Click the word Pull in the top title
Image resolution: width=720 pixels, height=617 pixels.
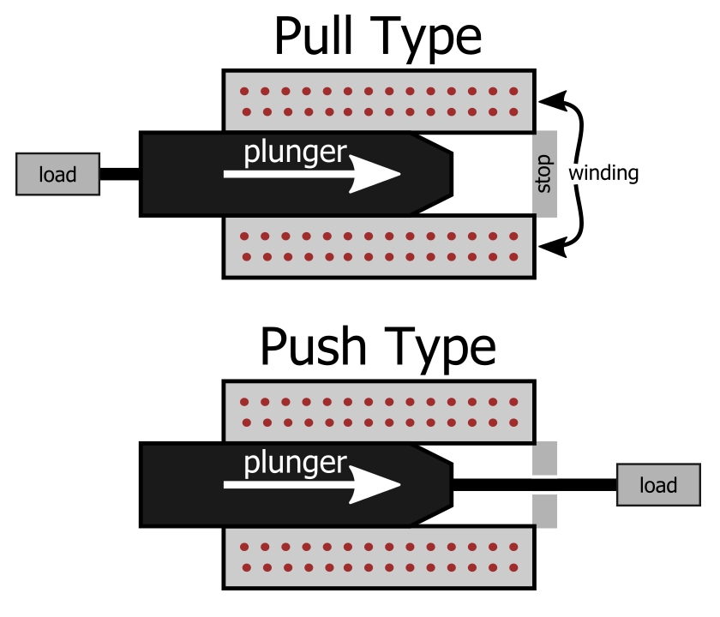pyautogui.click(x=319, y=37)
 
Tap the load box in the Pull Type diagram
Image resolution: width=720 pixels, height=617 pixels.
pyautogui.click(x=57, y=175)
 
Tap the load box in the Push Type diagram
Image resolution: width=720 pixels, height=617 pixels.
pyautogui.click(x=658, y=485)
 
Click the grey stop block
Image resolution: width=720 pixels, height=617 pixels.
pyautogui.click(x=545, y=174)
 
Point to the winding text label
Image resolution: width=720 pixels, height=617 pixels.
pyautogui.click(x=605, y=173)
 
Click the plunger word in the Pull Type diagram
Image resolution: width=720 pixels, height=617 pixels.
pyautogui.click(x=295, y=153)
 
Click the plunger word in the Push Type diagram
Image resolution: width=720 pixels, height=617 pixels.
pyautogui.click(x=295, y=464)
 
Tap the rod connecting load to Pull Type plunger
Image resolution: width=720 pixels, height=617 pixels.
pyautogui.click(x=120, y=174)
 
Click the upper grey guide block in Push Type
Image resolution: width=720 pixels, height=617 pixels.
pyautogui.click(x=545, y=458)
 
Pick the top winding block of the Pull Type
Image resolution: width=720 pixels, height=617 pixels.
pyautogui.click(x=379, y=101)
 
